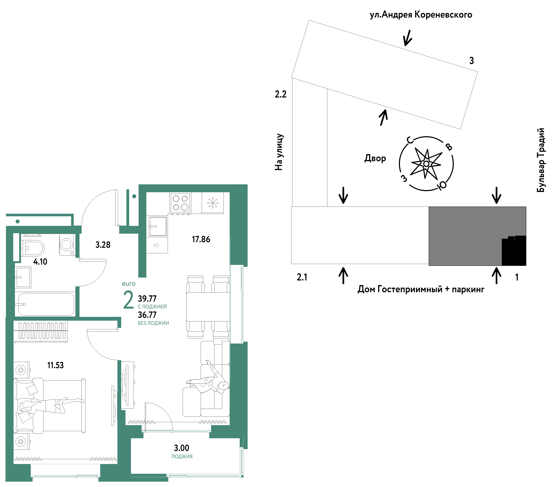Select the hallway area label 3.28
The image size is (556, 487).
103,245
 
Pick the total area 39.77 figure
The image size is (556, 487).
147,299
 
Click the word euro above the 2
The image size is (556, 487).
129,284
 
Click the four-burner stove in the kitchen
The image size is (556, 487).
180,203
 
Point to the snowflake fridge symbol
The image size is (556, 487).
213,203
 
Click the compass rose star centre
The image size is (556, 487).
426,164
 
